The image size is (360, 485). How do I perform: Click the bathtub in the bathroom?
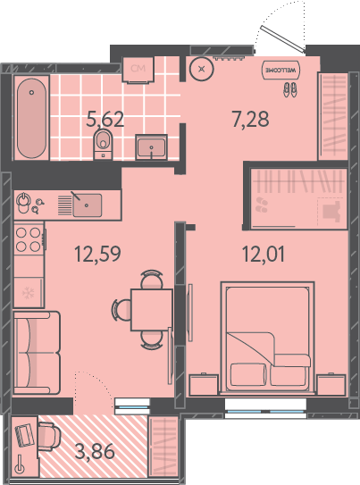[x=31, y=118]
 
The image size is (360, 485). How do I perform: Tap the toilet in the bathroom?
[x=103, y=144]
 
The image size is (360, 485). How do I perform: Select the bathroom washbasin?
[x=151, y=147]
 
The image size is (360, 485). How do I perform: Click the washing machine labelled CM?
[x=138, y=70]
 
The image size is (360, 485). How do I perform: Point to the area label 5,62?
[x=105, y=120]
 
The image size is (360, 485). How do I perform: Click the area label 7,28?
[x=250, y=120]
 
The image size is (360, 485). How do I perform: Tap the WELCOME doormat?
[x=280, y=70]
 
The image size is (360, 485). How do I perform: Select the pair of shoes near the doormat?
[x=290, y=89]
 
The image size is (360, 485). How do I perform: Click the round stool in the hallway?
[x=202, y=69]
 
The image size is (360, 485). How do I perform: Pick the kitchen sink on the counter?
[x=87, y=205]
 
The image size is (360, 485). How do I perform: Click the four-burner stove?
[x=29, y=239]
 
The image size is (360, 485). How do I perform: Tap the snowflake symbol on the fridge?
[x=29, y=293]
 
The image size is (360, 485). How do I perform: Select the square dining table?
[x=152, y=310]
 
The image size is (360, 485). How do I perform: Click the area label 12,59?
[x=97, y=255]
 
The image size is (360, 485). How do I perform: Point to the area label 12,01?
[x=264, y=255]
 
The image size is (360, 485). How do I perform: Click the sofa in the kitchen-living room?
[x=37, y=353]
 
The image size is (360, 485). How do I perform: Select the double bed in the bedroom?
[x=267, y=338]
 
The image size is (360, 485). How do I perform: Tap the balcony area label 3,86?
[x=95, y=452]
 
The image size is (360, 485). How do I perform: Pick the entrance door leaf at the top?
[x=282, y=38]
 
